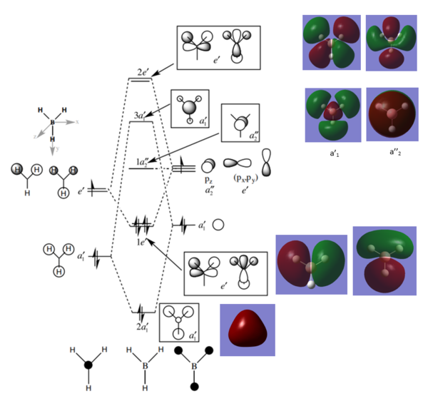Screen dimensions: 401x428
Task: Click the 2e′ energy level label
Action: [143, 73]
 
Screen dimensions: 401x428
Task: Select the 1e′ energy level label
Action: [141, 243]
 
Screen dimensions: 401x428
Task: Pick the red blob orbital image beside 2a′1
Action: [247, 330]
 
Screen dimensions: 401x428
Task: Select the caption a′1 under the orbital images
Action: [332, 152]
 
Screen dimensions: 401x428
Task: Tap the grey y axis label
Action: [53, 152]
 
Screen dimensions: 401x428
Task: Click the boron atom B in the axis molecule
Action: [52, 123]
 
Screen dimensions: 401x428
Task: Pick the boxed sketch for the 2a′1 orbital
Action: [178, 322]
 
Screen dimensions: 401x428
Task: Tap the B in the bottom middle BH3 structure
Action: [143, 370]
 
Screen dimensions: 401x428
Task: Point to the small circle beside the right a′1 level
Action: [219, 225]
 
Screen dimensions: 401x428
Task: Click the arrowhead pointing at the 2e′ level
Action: [156, 72]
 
